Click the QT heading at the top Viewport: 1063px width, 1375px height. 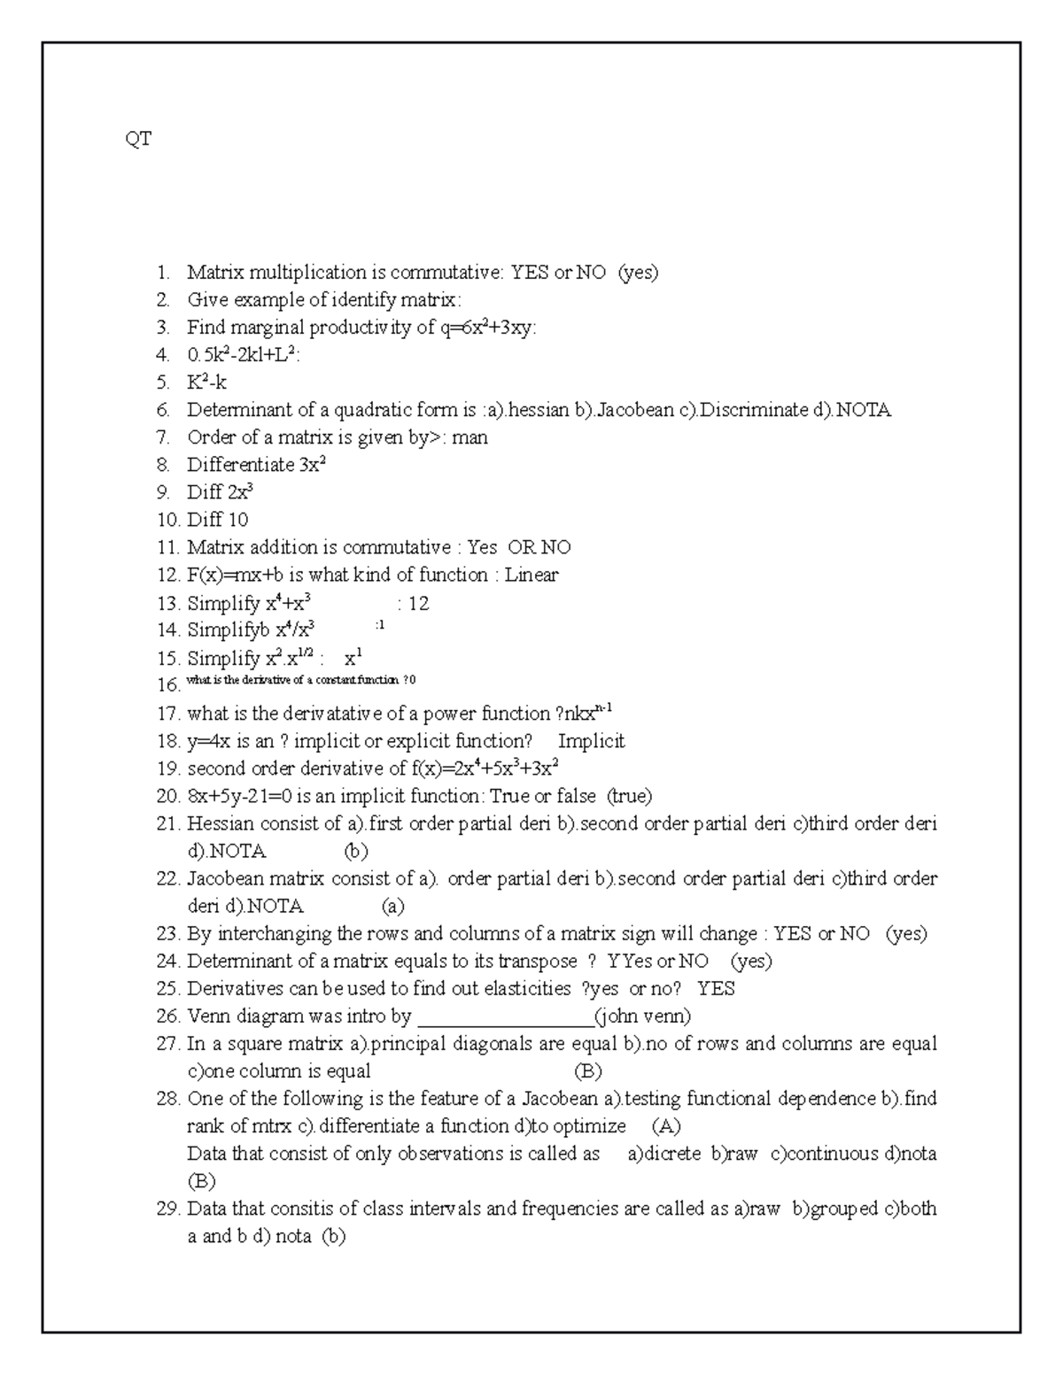[138, 139]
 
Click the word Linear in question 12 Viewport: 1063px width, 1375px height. [531, 575]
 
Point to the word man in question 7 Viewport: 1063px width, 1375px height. [469, 437]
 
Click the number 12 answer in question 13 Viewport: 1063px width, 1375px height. [418, 603]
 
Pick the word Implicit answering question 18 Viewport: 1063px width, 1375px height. [591, 741]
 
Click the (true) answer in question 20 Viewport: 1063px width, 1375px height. [629, 796]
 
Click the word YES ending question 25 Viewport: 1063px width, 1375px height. [716, 988]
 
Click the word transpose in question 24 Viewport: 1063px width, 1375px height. [537, 961]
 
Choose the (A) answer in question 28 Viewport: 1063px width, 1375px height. [666, 1126]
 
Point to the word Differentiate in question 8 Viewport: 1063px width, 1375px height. [240, 465]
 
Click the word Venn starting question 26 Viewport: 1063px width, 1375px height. [209, 1016]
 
